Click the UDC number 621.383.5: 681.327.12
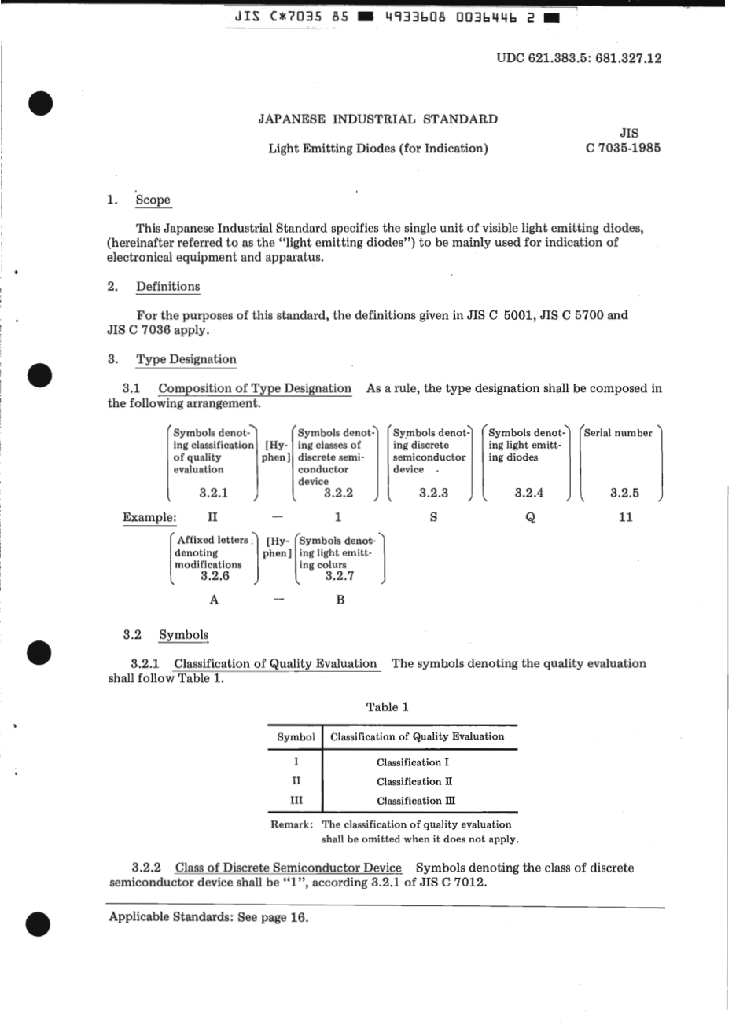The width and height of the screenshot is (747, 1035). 579,58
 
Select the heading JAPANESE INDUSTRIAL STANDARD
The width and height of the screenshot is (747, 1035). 377,119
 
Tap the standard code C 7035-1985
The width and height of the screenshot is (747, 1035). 623,148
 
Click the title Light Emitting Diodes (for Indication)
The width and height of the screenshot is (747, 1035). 377,149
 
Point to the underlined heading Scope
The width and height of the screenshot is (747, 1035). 153,200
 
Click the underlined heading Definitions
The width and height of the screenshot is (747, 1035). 167,287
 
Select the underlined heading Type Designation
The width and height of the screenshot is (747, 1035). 186,359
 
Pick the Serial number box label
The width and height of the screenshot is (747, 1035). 618,433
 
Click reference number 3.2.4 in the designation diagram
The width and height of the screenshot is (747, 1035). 529,493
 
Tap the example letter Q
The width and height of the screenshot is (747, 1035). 530,518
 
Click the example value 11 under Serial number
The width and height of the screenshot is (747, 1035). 625,518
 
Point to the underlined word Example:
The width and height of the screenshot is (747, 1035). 149,517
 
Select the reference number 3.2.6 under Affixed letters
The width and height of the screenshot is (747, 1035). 214,576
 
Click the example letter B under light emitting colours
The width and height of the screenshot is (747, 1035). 340,600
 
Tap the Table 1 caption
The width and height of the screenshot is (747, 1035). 387,707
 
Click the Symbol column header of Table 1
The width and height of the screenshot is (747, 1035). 296,737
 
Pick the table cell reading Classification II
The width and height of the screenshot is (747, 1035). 414,782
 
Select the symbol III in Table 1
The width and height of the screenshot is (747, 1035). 296,801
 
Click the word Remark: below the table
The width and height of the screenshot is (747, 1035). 292,825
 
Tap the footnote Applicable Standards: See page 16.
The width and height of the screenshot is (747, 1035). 208,917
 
